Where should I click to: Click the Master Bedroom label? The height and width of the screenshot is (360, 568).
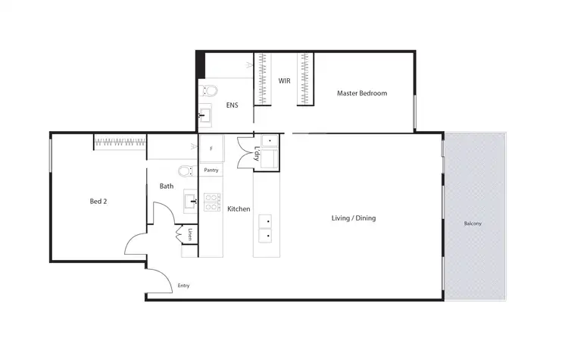point(362,94)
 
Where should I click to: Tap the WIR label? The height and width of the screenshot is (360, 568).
point(285,80)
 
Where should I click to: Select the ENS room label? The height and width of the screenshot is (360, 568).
point(232,105)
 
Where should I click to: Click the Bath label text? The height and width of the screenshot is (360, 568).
point(167,186)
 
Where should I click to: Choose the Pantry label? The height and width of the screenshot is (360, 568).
point(211,170)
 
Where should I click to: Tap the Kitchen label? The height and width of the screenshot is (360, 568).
point(239,209)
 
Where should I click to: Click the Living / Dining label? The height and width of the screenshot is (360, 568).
point(354,218)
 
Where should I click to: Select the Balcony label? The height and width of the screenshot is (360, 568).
point(473,224)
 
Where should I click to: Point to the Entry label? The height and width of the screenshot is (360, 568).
point(183,286)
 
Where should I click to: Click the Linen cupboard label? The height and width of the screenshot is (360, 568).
point(190,234)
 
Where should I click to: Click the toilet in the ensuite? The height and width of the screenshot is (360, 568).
point(210,91)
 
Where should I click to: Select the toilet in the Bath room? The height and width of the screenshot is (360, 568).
point(186,171)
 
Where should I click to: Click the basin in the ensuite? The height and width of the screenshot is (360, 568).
point(204,116)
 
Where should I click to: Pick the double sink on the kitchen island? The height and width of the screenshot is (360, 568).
point(266,228)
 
